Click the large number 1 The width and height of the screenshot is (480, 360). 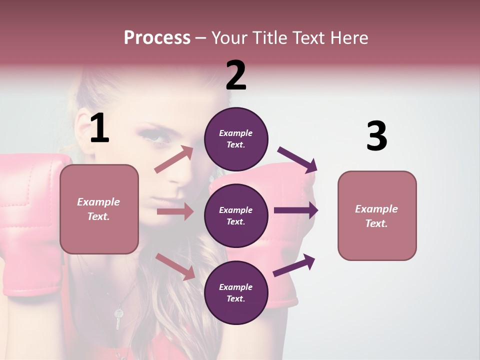coord(99,128)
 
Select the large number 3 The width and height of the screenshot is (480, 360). coord(376,136)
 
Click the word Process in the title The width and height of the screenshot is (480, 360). coord(157,38)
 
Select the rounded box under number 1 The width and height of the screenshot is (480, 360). coord(99,209)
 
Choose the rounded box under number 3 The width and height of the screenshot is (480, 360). coord(377,215)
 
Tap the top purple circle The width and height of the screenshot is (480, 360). coord(236,139)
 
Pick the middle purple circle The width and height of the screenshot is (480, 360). coord(236,215)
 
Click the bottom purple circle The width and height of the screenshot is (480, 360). coord(236,292)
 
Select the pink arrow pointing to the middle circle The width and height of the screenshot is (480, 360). coord(175,211)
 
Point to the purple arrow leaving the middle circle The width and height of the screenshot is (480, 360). coord(296,210)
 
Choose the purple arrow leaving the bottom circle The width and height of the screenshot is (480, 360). coord(294,265)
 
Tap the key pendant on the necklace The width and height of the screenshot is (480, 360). coord(118,318)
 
